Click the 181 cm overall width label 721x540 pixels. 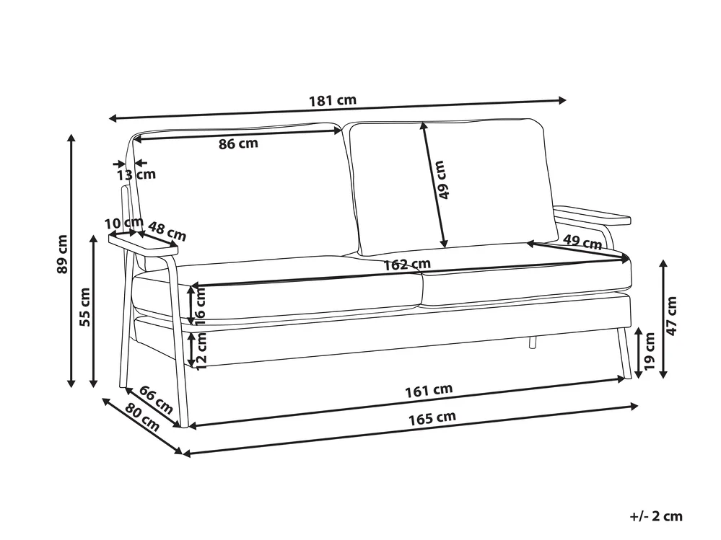point(333,100)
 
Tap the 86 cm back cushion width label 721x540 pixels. point(238,143)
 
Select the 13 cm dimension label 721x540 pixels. point(136,175)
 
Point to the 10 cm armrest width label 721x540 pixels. point(124,223)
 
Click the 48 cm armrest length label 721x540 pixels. point(167,231)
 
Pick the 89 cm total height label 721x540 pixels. point(62,254)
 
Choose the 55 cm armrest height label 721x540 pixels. point(85,307)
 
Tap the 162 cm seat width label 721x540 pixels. point(407,265)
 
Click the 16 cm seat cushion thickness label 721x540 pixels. point(201,306)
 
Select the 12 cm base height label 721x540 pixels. point(201,351)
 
